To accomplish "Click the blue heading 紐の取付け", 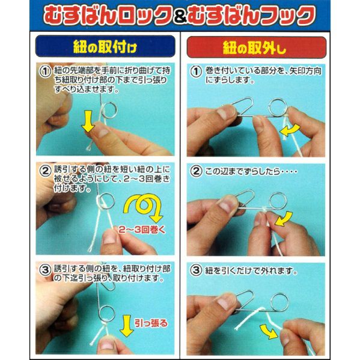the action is click(x=105, y=47).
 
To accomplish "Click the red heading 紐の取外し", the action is click(x=255, y=47).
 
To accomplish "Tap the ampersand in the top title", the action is click(x=180, y=17).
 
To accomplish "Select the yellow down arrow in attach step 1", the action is click(x=88, y=121).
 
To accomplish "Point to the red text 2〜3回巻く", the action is click(x=142, y=230).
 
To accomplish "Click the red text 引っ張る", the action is click(x=151, y=323).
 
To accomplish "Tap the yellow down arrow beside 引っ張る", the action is click(x=126, y=326).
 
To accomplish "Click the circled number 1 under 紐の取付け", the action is click(x=45, y=72).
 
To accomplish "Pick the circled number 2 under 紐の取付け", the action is click(x=45, y=171).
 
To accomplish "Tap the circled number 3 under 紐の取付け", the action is click(x=45, y=270).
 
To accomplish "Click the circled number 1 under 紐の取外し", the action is click(x=197, y=72).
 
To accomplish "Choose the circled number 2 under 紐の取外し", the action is click(x=197, y=171).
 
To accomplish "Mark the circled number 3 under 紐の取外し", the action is click(x=197, y=270).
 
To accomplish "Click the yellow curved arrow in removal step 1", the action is click(x=290, y=130).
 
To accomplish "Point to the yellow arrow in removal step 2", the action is click(x=284, y=219).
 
